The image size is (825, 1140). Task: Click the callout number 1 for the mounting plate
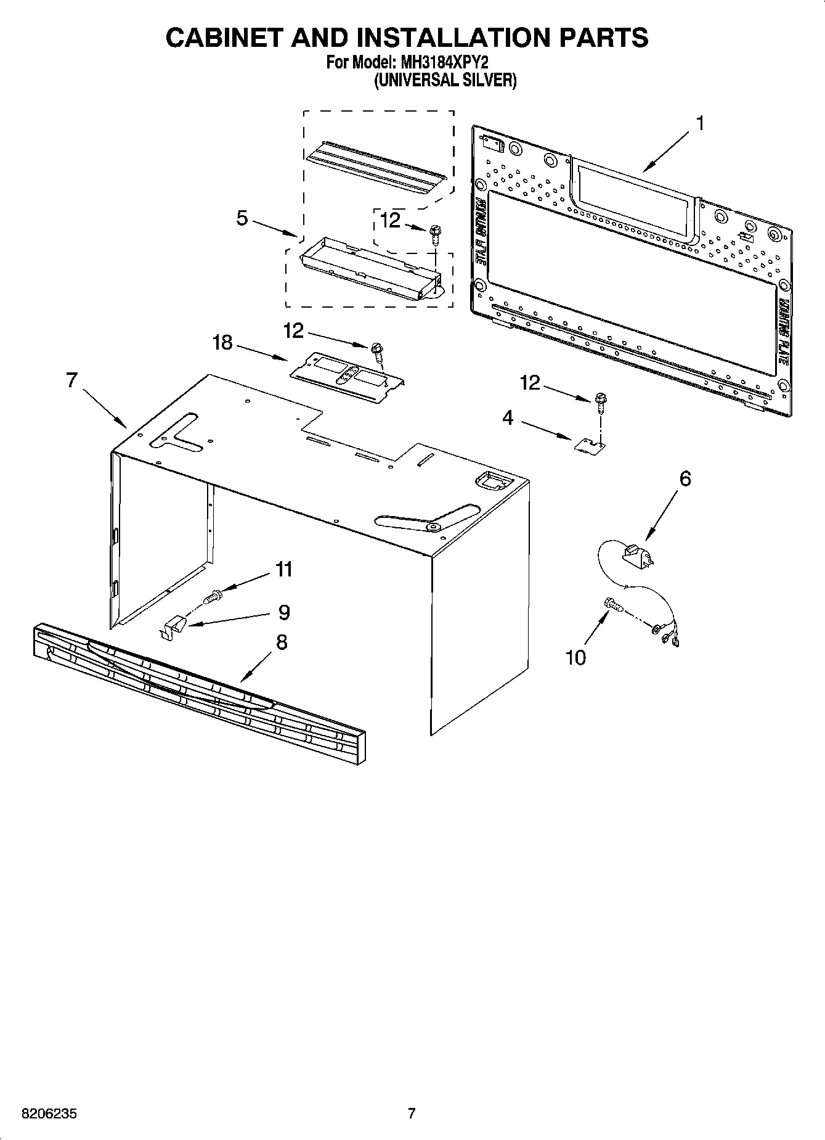699,123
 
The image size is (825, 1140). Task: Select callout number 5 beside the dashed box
242,218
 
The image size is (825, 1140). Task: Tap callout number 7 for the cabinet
72,380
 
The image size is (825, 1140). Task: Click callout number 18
222,342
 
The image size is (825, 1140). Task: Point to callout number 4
507,418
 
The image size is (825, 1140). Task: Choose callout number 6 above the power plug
685,478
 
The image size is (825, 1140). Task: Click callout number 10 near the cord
575,658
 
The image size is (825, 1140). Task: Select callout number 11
283,569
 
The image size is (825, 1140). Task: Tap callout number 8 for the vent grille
281,642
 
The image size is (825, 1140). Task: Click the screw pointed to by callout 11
212,596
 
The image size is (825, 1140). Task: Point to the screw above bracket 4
599,401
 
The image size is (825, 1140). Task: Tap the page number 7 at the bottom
412,1113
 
